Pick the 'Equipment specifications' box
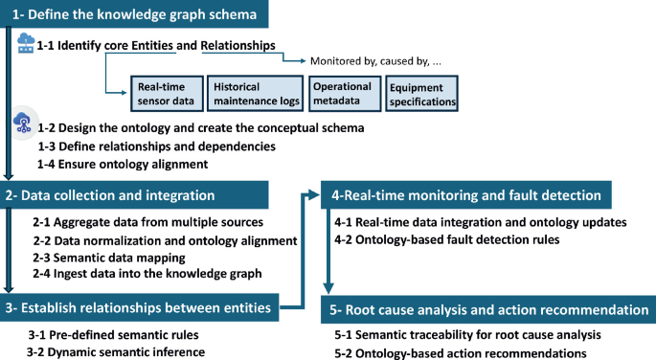(421, 93)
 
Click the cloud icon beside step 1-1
(26, 44)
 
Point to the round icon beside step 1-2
(23, 124)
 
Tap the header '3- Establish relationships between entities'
(139, 307)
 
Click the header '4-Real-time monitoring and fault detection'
(464, 195)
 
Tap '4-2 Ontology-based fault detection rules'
(446, 240)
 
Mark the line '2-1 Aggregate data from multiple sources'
(141, 222)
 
